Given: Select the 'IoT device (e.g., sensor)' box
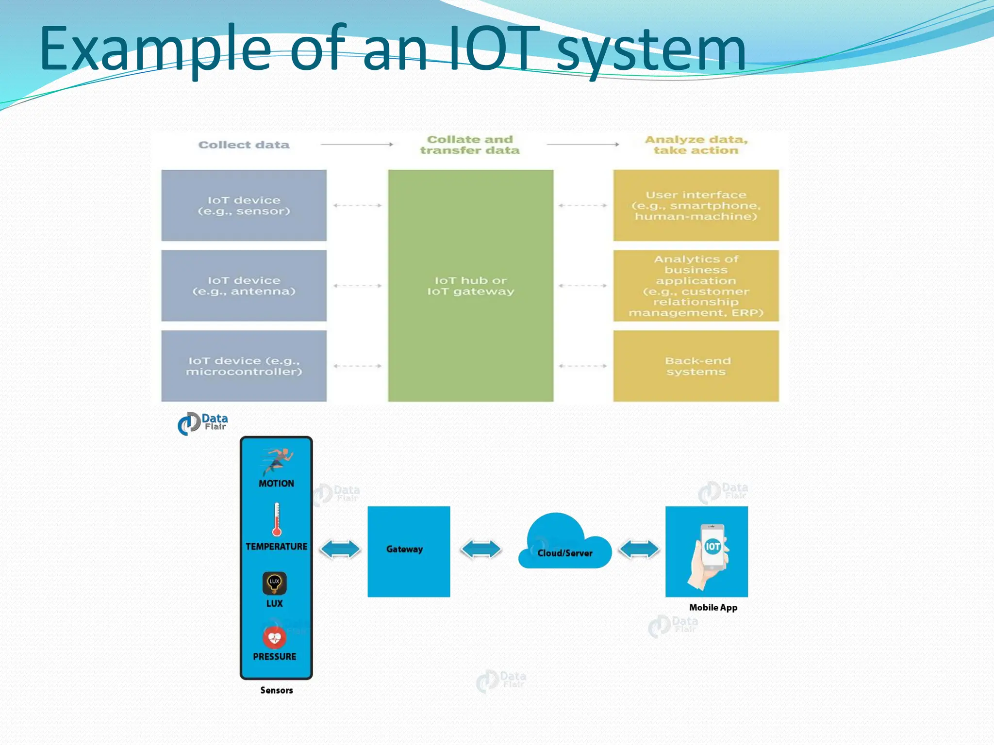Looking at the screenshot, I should (x=244, y=205).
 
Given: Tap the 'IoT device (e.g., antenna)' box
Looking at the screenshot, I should (x=244, y=286).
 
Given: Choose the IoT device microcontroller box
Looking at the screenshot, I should (x=244, y=366).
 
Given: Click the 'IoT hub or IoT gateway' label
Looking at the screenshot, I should (x=470, y=286).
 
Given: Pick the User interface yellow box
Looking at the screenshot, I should (x=696, y=205).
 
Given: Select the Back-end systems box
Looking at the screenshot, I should (x=696, y=366).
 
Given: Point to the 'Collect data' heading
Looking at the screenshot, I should (x=244, y=145).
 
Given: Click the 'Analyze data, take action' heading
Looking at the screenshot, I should (x=696, y=145).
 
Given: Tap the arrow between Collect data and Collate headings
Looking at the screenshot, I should (x=357, y=144).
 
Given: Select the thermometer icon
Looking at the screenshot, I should (x=277, y=519).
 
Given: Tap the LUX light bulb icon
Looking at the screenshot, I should (x=275, y=583).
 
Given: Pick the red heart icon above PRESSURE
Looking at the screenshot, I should (x=275, y=637).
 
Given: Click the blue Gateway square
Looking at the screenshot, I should (x=409, y=551).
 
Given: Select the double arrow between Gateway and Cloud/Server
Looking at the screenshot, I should (x=480, y=550).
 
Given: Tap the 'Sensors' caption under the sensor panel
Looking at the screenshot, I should (x=277, y=690).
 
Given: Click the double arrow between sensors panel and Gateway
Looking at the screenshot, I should (x=340, y=550).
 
